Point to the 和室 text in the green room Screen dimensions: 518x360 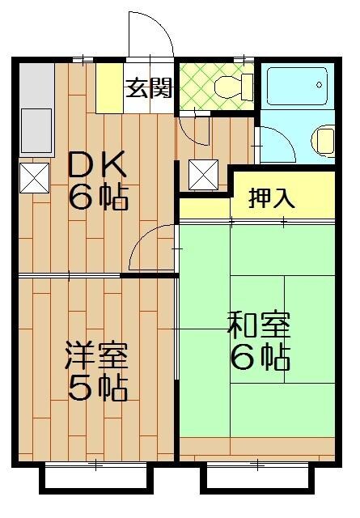(259, 325)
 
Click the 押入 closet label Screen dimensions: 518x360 (272, 197)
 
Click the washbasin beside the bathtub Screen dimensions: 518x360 (324, 139)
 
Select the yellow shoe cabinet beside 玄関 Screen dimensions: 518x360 (108, 87)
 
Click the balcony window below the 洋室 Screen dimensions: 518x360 (95, 477)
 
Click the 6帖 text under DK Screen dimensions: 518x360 (96, 197)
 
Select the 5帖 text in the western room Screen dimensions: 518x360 (96, 389)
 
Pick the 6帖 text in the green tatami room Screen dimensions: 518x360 (259, 357)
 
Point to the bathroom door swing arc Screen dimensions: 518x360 (273, 146)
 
